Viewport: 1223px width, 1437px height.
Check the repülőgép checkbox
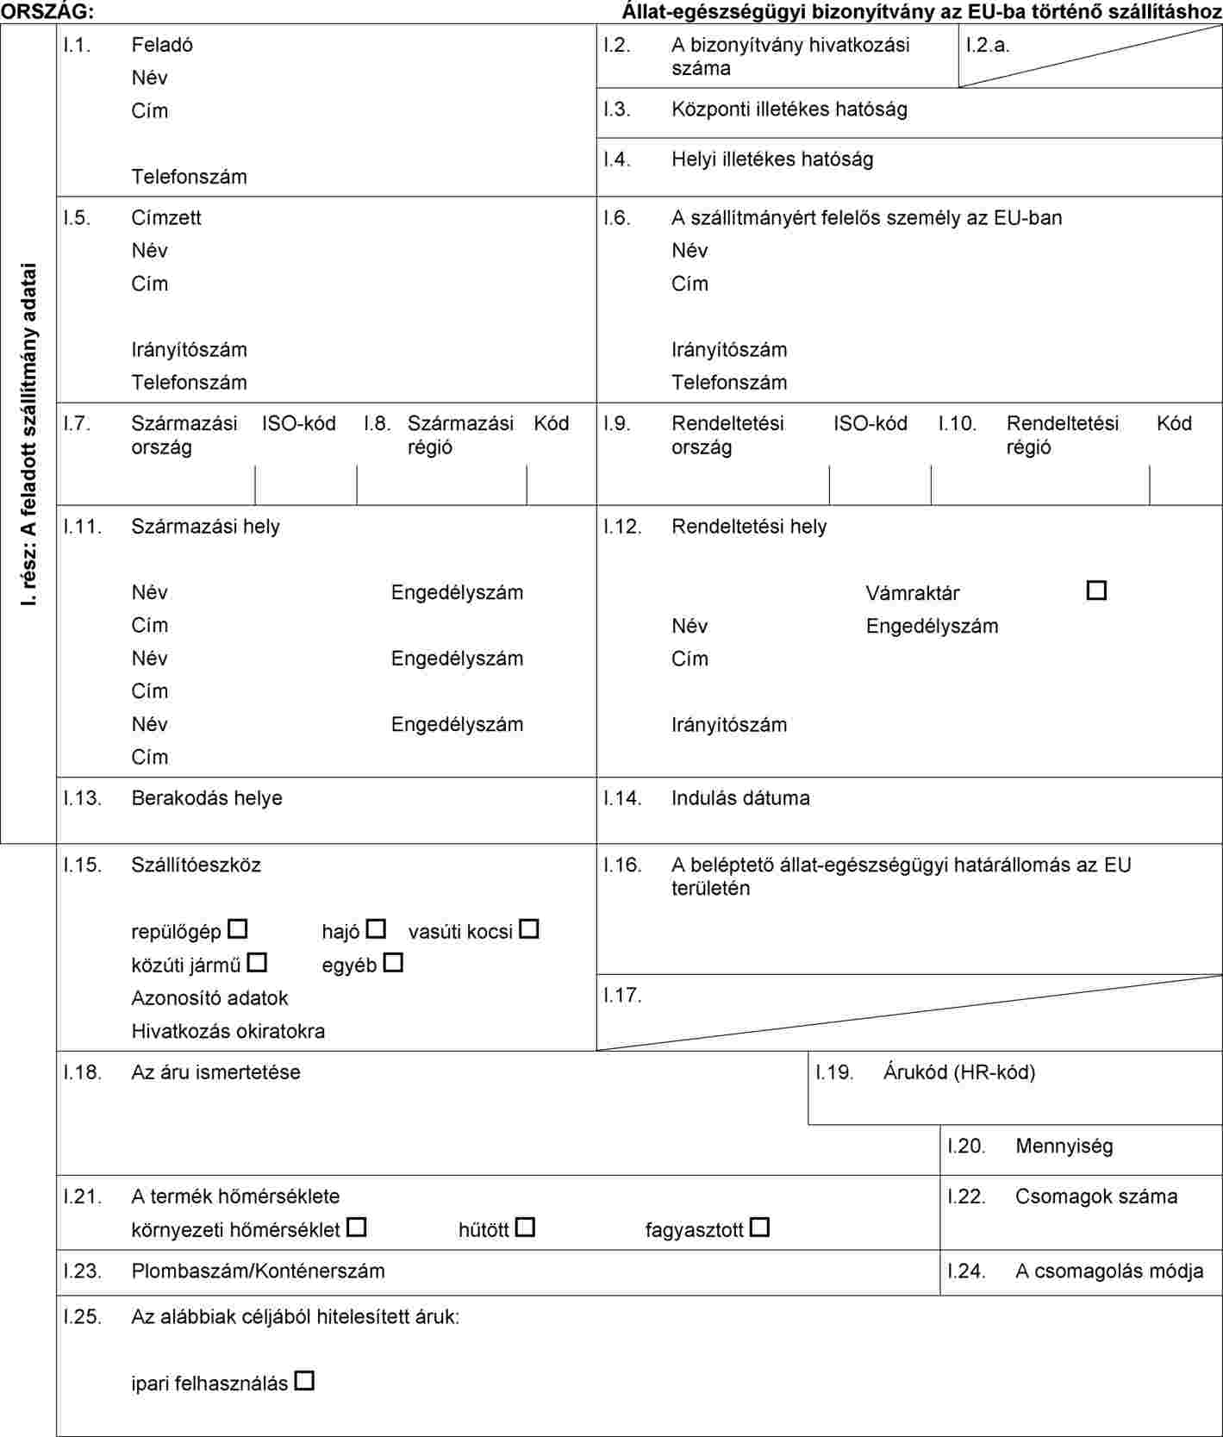tap(238, 929)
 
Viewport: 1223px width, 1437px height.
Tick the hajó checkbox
tap(376, 929)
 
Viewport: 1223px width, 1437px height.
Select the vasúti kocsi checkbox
tap(529, 929)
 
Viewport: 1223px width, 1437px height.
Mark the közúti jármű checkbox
tap(257, 962)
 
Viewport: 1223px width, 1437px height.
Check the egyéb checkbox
tap(393, 962)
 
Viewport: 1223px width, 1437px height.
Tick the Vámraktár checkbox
tap(1096, 590)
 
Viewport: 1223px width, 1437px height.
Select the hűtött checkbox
tap(525, 1227)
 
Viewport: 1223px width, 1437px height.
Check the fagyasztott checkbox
tap(759, 1227)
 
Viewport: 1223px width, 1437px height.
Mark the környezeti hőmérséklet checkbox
tap(357, 1227)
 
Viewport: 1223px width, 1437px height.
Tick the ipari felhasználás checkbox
tap(304, 1381)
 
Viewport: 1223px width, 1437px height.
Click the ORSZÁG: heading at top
tap(48, 11)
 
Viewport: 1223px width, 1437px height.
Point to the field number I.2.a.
tap(988, 45)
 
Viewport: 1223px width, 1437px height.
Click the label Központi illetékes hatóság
tap(789, 109)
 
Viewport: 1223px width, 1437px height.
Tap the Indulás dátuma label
tap(740, 798)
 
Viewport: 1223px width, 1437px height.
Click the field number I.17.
tap(622, 996)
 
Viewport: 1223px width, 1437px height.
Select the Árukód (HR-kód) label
tap(958, 1072)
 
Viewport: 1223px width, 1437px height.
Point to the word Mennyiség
tap(1064, 1146)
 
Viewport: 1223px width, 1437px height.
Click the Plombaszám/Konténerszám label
tap(258, 1271)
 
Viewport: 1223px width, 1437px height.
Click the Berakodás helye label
tap(207, 798)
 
